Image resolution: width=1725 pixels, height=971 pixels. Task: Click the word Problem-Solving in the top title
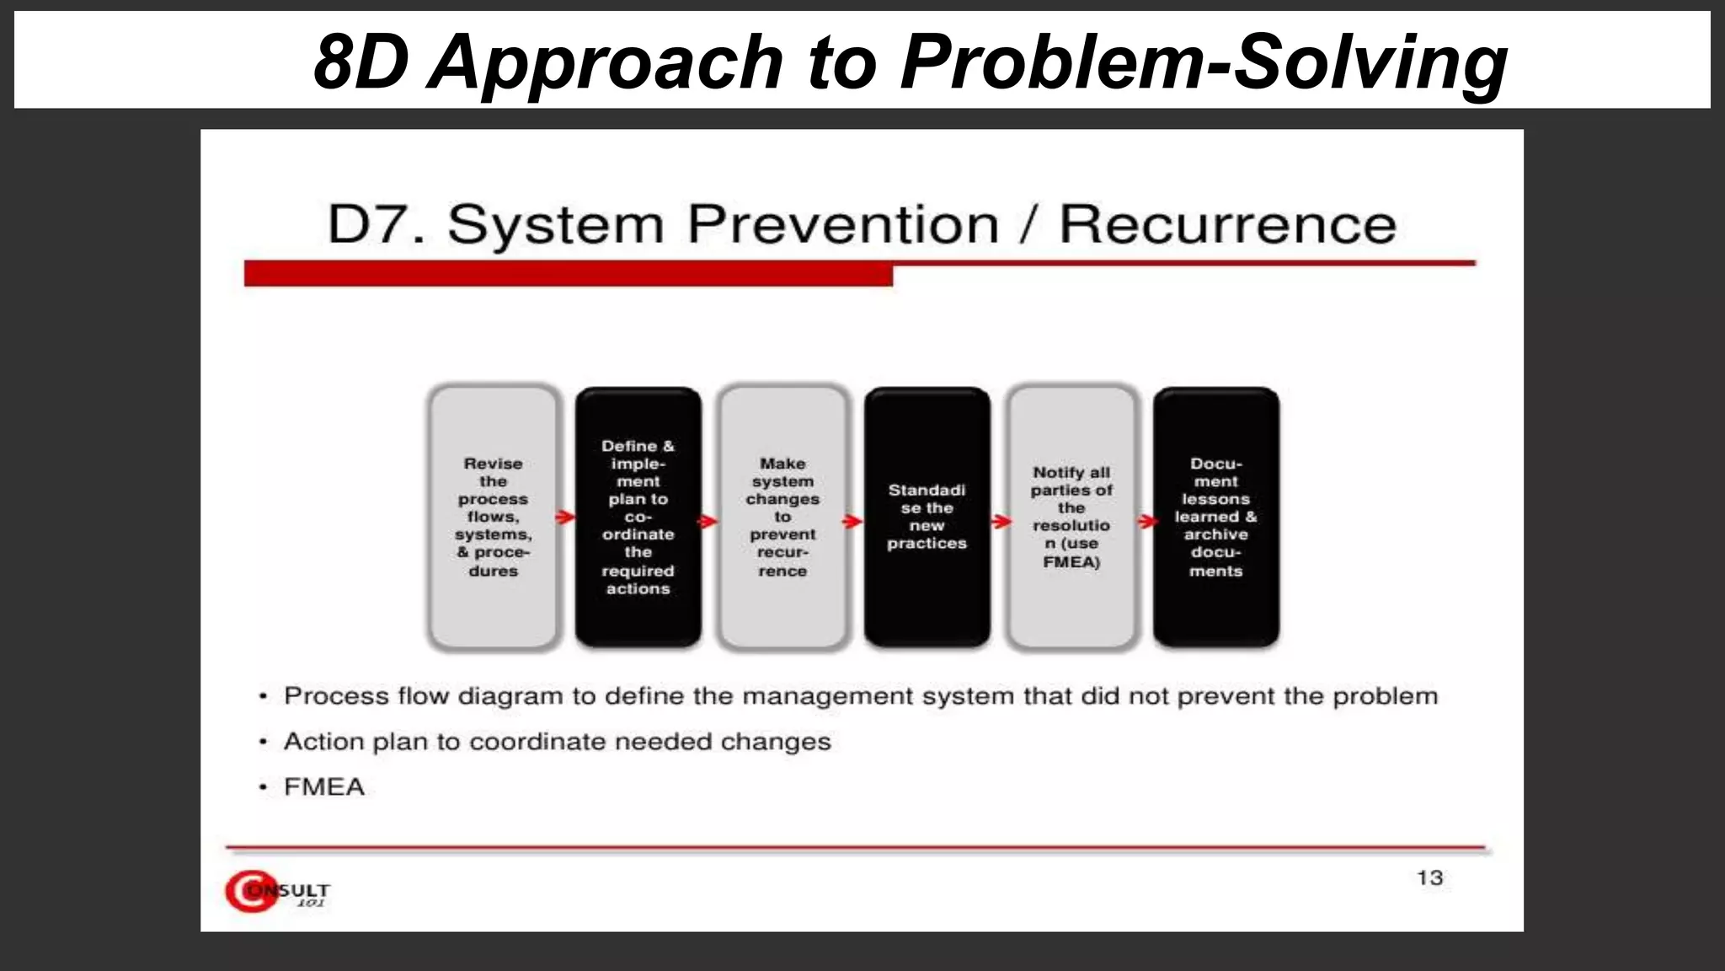[x=1203, y=62]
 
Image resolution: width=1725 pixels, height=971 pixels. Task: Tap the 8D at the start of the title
[x=360, y=62]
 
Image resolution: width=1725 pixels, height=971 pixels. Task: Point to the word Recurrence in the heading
[x=1227, y=225]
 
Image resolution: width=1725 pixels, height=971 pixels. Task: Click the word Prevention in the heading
[x=842, y=225]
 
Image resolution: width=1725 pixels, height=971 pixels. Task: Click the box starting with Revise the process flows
[x=494, y=517]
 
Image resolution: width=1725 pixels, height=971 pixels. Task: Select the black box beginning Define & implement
[x=638, y=517]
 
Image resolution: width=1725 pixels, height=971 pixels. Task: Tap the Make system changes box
[x=782, y=517]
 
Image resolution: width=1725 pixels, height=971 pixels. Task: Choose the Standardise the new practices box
[x=927, y=517]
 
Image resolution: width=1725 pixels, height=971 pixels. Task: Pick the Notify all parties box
[x=1071, y=517]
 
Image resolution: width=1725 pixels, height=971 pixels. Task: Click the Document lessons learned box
[x=1215, y=517]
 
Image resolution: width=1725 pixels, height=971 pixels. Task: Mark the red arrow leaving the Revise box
[x=566, y=517]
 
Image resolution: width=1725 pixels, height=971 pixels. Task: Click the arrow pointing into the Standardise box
[x=853, y=521]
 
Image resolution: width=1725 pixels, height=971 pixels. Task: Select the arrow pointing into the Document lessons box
[x=1147, y=522]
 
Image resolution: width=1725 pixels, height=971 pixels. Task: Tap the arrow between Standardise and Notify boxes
[x=1001, y=522]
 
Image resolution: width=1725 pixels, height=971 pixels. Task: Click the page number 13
[x=1429, y=878]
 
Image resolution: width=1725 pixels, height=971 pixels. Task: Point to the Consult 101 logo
[x=277, y=891]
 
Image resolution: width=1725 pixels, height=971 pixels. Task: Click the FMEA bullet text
[x=324, y=787]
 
